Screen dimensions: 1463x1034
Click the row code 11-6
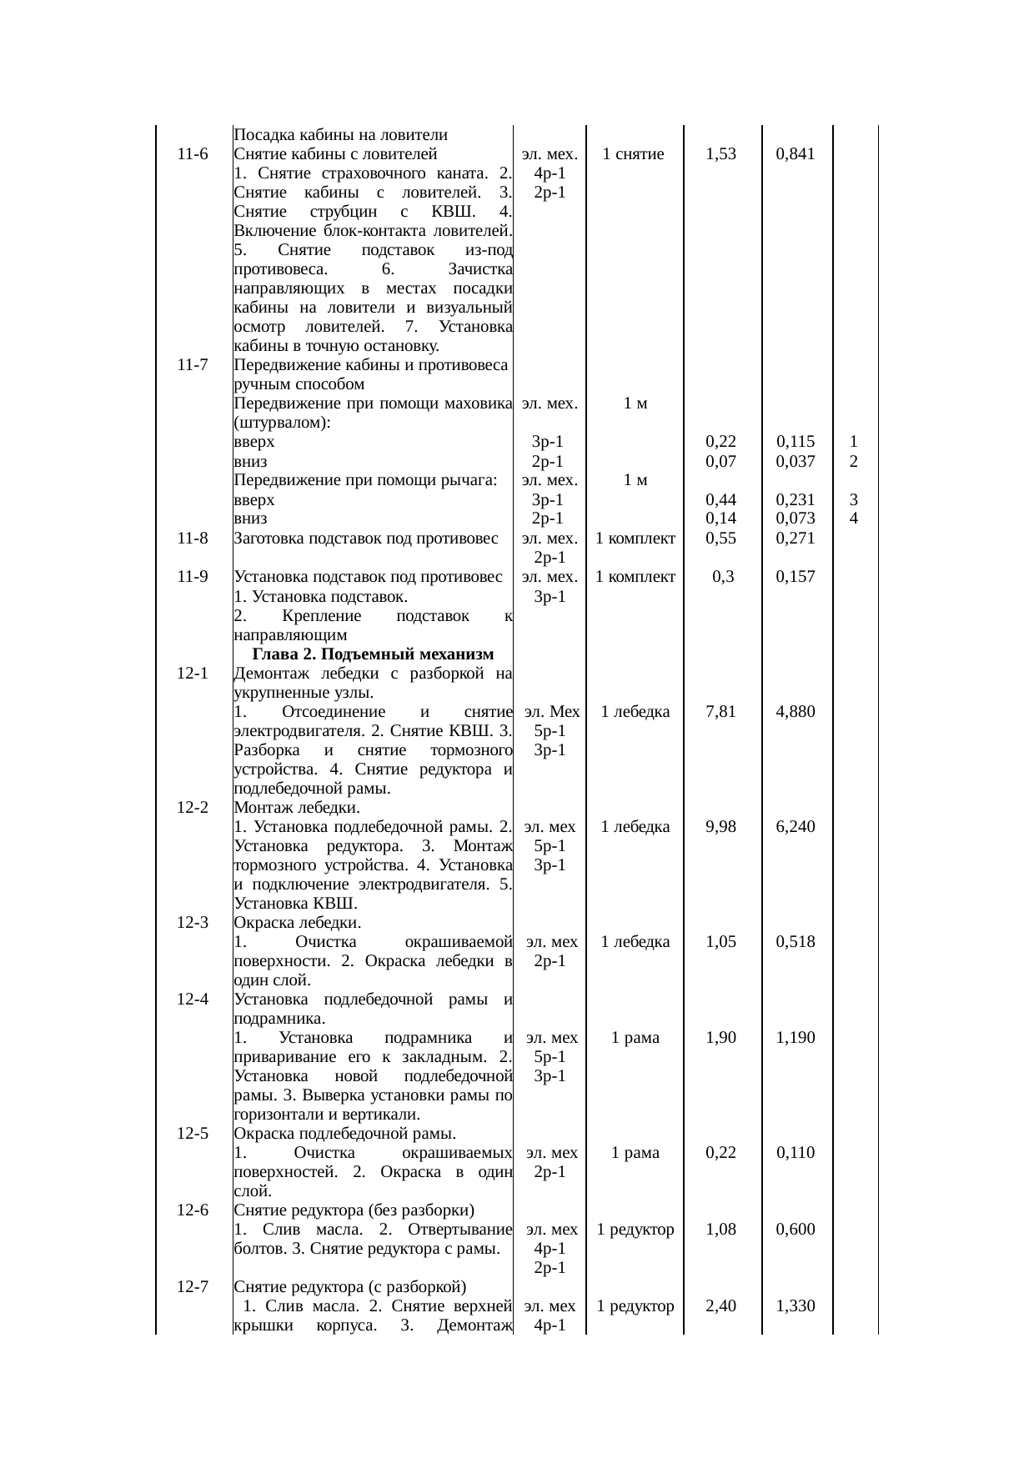(192, 154)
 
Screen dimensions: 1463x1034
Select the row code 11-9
(192, 577)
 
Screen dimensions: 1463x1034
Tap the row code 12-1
(192, 673)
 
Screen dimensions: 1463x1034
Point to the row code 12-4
(192, 999)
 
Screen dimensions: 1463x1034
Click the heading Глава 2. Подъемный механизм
(373, 654)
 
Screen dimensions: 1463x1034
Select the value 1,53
(720, 154)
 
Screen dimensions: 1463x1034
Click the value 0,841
(795, 154)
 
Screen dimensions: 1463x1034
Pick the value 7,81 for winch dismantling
(720, 712)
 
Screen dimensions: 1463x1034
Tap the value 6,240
(795, 827)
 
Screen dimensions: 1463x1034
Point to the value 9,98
(720, 827)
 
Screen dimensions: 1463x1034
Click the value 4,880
(795, 712)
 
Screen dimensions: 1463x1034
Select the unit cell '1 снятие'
(634, 154)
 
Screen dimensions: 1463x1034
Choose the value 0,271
(795, 539)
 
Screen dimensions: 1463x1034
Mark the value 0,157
(795, 577)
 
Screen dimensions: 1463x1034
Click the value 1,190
(795, 1038)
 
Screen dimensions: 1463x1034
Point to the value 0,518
(795, 942)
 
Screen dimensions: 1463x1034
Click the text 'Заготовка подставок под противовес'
(366, 539)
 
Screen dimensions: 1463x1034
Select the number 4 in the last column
(854, 519)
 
